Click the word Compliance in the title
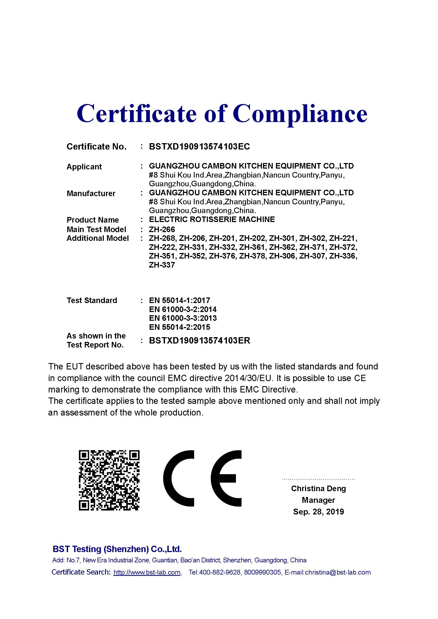click(x=300, y=114)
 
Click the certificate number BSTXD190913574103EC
click(x=199, y=147)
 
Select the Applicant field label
click(x=84, y=167)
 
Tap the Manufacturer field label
click(x=91, y=193)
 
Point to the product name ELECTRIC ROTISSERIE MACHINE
click(x=212, y=219)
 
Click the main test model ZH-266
click(x=162, y=229)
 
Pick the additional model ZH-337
click(x=162, y=265)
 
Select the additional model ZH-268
click(x=162, y=238)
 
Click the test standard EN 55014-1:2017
click(x=179, y=300)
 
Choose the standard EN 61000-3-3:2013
click(x=183, y=318)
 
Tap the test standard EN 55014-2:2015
click(x=179, y=327)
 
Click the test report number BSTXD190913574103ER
click(x=199, y=341)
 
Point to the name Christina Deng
click(x=318, y=489)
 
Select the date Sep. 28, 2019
click(x=318, y=512)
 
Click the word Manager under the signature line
click(x=318, y=500)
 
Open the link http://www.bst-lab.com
click(x=147, y=572)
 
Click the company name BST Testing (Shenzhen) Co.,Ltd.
click(x=117, y=549)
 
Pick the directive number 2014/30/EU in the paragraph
click(x=248, y=378)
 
